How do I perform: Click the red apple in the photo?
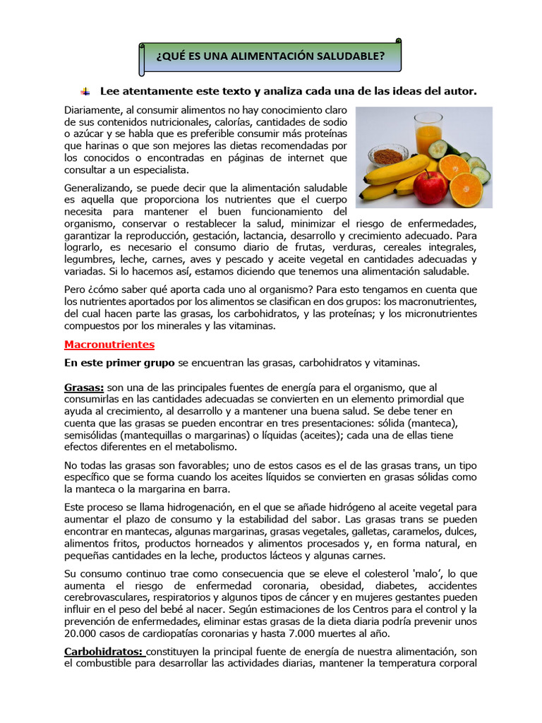pos(430,187)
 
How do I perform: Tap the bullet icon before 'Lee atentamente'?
pos(85,91)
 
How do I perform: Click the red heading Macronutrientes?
pos(109,345)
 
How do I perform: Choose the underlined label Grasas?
pos(84,388)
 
